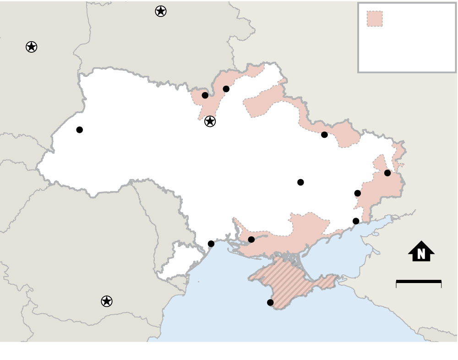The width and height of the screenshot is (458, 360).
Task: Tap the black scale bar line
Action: point(419,281)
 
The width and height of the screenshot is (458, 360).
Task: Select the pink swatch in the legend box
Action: point(375,19)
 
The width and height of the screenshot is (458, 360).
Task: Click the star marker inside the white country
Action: point(210,121)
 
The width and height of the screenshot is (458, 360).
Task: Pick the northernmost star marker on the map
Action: point(160,11)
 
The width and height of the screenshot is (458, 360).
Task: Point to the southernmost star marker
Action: point(106,301)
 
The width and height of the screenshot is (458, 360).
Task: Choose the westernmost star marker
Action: point(31,47)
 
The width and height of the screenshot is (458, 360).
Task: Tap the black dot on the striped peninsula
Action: point(270,302)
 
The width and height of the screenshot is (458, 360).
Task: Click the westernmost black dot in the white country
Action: point(80,130)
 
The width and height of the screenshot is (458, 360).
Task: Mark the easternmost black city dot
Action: point(387,173)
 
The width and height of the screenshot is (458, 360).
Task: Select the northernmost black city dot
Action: point(226,89)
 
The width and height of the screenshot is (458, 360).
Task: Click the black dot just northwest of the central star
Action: point(205,95)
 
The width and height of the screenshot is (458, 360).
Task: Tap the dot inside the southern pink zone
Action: point(251,240)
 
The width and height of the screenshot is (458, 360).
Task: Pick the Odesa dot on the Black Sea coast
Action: point(211,244)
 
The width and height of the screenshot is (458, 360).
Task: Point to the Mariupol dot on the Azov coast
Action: point(356,221)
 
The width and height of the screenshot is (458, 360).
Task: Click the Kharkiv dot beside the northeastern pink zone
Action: point(324,135)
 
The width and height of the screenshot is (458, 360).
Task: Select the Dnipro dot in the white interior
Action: point(300,182)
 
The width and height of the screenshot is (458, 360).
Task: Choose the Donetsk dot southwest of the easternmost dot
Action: point(358,193)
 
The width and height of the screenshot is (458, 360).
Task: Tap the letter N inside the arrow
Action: point(421,253)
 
